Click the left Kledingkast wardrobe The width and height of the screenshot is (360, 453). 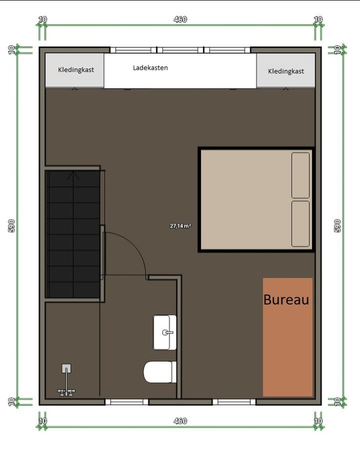coord(75,70)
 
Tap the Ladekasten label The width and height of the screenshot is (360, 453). coord(150,68)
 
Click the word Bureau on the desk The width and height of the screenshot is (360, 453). coord(286,300)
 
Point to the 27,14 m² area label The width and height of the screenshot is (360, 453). coord(180,226)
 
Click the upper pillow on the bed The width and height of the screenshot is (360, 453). coord(301,176)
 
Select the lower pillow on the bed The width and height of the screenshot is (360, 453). coord(301,224)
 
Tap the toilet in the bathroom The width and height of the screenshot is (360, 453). coord(160,372)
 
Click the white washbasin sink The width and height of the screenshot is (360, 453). coord(165,332)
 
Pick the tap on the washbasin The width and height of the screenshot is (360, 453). coord(168,332)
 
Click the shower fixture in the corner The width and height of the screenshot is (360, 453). coord(66,380)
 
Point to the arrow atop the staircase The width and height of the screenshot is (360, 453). coord(74,176)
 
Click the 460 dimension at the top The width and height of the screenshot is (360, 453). coord(180,19)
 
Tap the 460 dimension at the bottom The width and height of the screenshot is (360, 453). coord(180,421)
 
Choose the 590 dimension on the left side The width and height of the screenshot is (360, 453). coord(11,225)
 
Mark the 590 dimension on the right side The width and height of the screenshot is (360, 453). coord(337,225)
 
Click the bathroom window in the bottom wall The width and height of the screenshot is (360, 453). coord(127,402)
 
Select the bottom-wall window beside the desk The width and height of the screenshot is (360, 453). coord(234,402)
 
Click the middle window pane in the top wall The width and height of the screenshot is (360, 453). coord(180,50)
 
